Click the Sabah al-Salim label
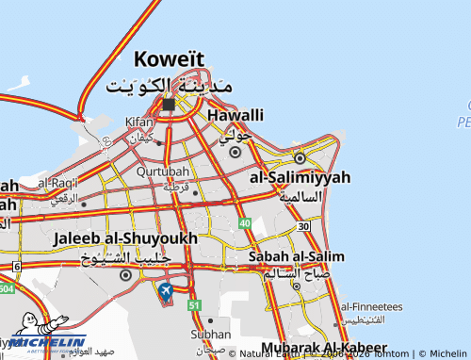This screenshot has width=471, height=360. pos(296,255)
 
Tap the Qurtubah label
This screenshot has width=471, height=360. pos(157,172)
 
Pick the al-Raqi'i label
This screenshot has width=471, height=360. pos(58,181)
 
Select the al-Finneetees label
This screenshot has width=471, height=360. pos(371,306)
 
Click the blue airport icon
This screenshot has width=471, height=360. pos(166,291)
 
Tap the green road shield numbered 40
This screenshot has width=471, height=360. pos(244,223)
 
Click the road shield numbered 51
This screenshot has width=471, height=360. pos(194,304)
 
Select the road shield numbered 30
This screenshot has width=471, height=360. pos(302,226)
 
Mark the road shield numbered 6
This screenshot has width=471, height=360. pos(16,267)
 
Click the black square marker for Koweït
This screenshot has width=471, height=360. pos(168,105)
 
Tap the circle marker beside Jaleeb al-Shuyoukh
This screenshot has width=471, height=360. pos(125,274)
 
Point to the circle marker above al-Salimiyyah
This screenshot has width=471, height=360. pos(300,157)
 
